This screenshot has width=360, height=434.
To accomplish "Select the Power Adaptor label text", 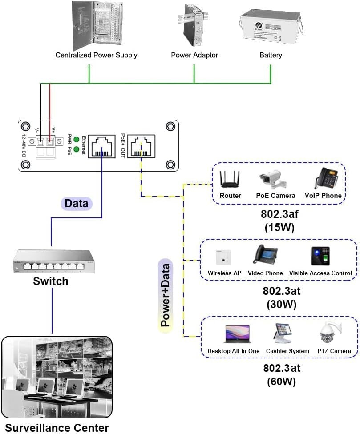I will click(194, 56).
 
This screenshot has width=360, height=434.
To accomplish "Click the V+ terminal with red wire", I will click(50, 141).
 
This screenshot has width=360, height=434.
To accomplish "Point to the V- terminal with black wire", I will click(40, 141).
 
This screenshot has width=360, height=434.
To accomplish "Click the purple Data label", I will click(76, 204).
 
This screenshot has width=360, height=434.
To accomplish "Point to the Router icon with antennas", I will click(230, 179).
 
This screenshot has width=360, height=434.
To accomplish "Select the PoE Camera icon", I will click(275, 179).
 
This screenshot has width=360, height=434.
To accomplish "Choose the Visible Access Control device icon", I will click(320, 256).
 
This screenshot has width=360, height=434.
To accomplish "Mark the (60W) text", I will click(281, 382).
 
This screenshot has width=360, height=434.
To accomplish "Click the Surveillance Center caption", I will click(57, 428).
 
